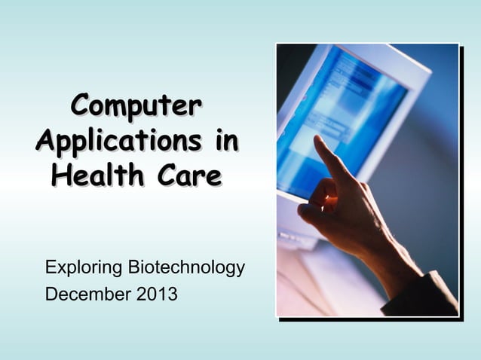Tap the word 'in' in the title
225,139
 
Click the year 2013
157,294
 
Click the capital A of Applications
45,141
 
